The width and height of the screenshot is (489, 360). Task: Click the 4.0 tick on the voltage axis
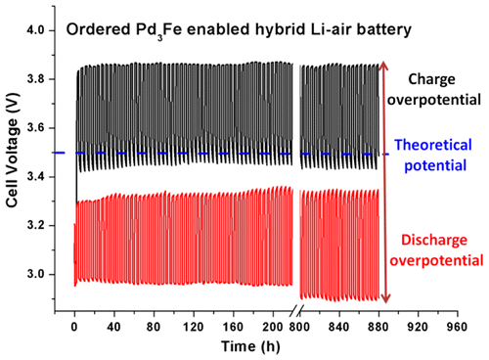(x=44, y=31)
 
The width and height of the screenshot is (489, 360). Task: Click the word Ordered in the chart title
(x=96, y=30)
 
